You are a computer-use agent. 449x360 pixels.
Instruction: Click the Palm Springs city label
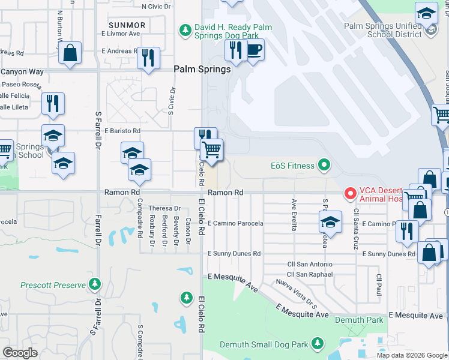(202, 70)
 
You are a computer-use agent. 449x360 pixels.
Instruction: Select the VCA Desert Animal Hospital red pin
(350, 193)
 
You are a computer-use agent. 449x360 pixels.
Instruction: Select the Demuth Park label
(358, 320)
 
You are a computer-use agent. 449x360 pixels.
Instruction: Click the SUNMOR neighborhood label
(127, 25)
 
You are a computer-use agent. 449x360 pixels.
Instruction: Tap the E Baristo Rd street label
(122, 130)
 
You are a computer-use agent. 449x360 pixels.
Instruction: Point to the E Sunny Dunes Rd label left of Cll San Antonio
(234, 254)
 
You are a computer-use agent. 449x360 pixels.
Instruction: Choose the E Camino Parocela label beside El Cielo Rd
(235, 223)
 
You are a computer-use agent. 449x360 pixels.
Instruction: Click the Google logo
(20, 353)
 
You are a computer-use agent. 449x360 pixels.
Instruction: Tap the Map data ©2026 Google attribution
(411, 355)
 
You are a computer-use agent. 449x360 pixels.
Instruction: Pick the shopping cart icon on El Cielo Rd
(211, 149)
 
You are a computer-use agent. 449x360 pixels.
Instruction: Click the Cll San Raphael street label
(310, 274)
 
